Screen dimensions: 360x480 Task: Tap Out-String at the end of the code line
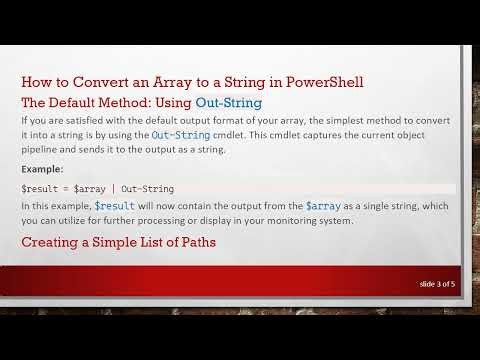147,188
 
